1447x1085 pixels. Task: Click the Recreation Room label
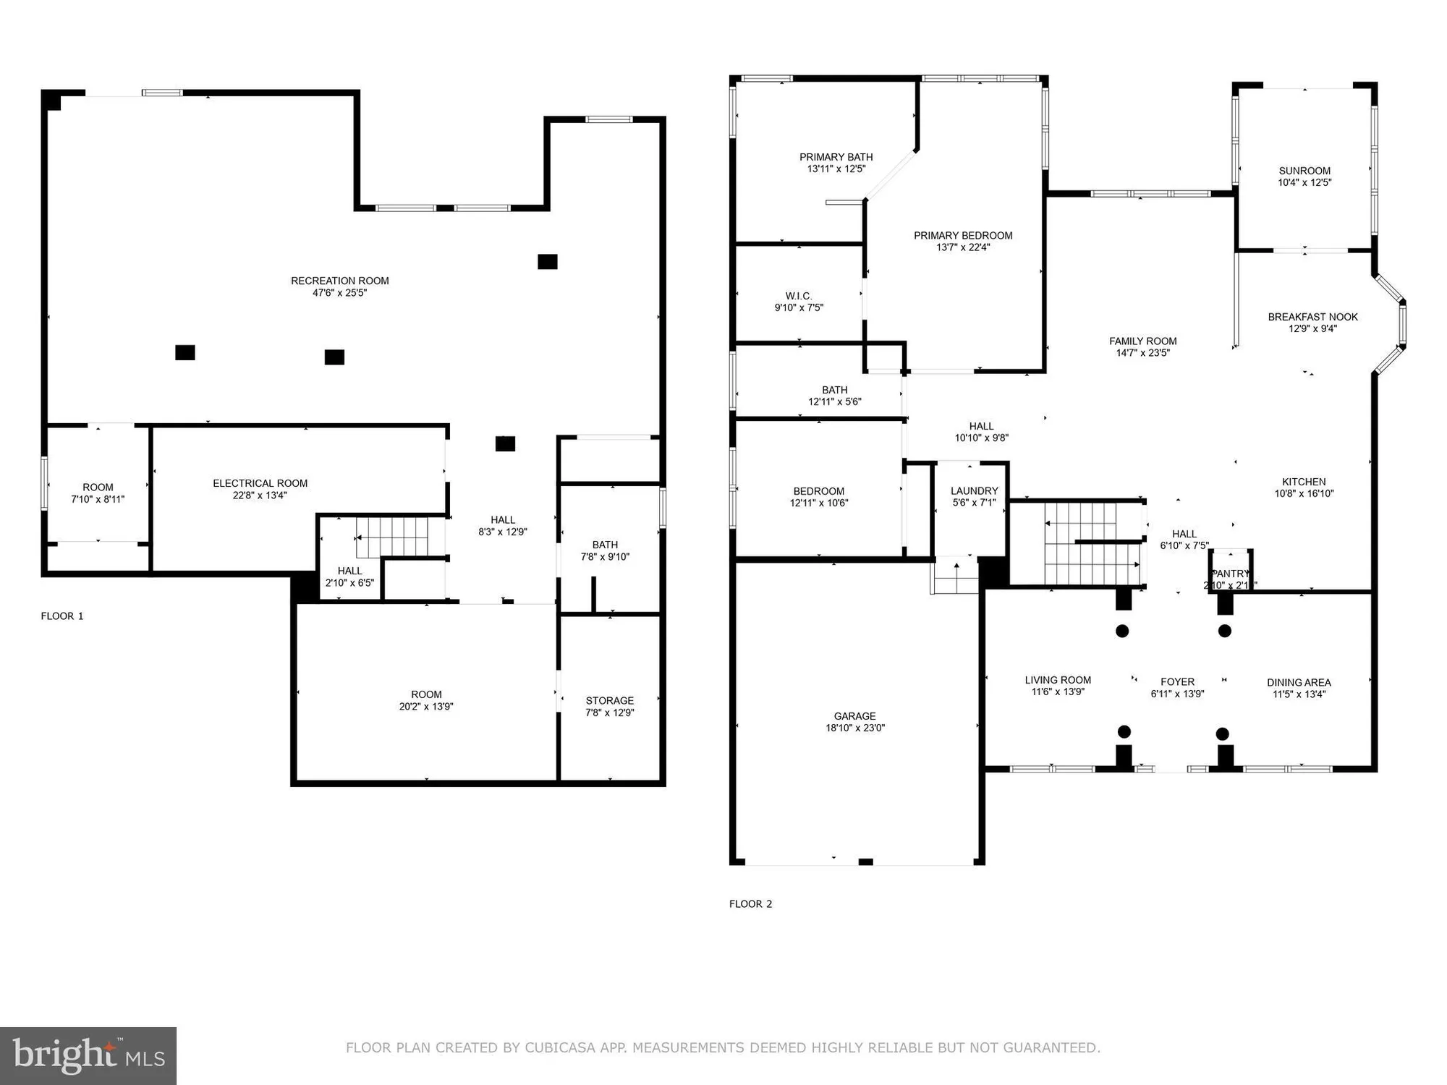pyautogui.click(x=339, y=281)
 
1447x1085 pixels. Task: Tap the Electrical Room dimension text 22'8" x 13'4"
pyautogui.click(x=260, y=495)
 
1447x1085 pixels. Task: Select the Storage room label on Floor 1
pyautogui.click(x=609, y=700)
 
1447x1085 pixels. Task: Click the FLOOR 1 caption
pyautogui.click(x=62, y=616)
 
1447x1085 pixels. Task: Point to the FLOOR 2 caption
pyautogui.click(x=750, y=903)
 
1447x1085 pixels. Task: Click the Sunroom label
pyautogui.click(x=1304, y=171)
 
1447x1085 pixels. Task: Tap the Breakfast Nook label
pyautogui.click(x=1312, y=317)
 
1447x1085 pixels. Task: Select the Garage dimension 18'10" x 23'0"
pyautogui.click(x=854, y=728)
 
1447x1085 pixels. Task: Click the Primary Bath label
pyautogui.click(x=836, y=157)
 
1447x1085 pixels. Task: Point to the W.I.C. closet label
pyautogui.click(x=799, y=296)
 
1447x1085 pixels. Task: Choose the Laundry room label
pyautogui.click(x=974, y=490)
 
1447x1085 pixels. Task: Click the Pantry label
pyautogui.click(x=1230, y=574)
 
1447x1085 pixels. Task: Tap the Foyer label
pyautogui.click(x=1177, y=681)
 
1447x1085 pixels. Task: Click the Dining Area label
pyautogui.click(x=1299, y=682)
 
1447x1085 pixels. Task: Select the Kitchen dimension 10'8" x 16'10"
pyautogui.click(x=1304, y=493)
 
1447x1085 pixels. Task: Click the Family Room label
pyautogui.click(x=1142, y=341)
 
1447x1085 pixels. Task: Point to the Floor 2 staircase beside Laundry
pyautogui.click(x=1092, y=544)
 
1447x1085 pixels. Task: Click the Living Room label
pyautogui.click(x=1057, y=680)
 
